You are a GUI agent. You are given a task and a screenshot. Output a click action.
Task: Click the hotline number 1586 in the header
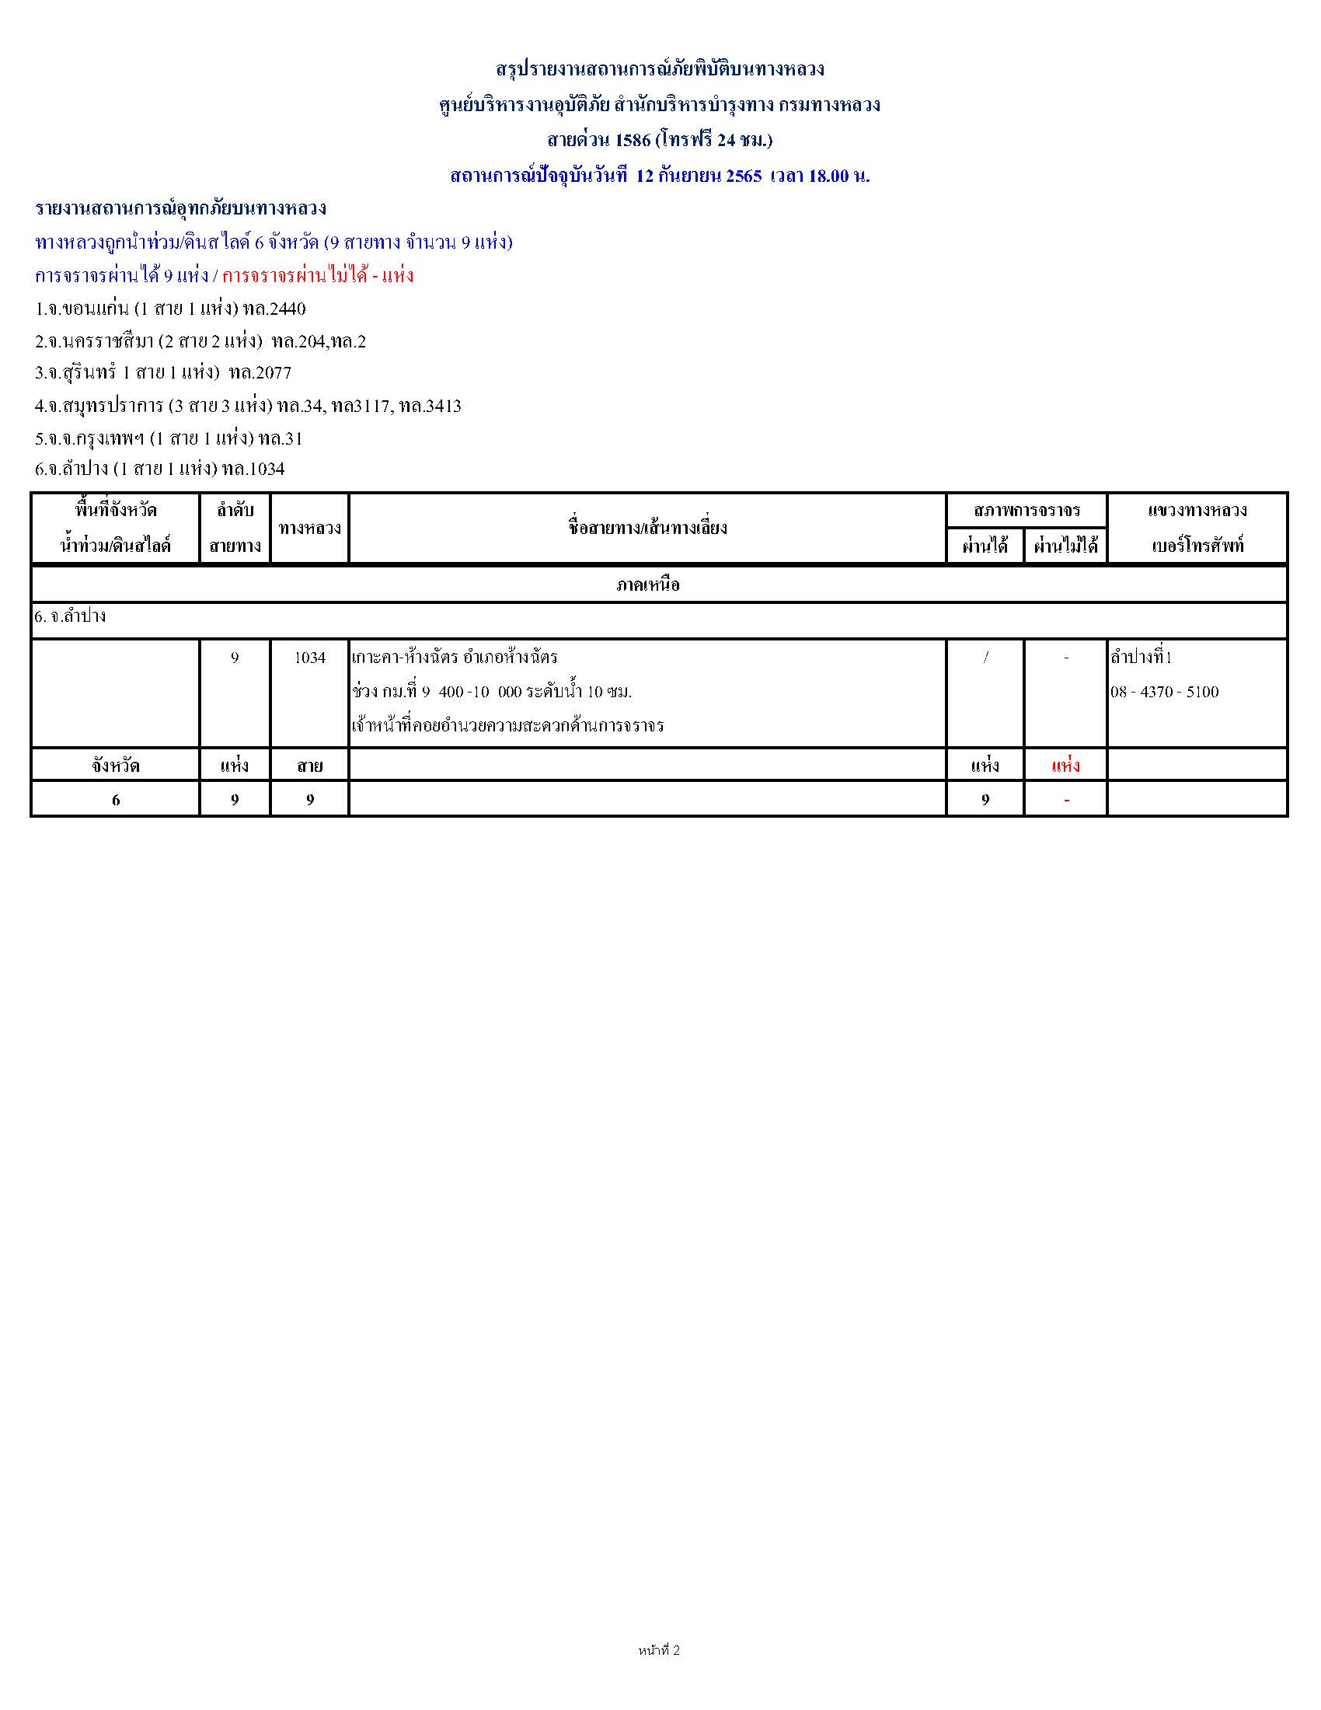point(633,140)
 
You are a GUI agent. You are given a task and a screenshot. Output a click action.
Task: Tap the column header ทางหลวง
point(309,528)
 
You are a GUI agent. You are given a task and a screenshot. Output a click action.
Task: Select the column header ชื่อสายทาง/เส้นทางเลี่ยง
point(647,528)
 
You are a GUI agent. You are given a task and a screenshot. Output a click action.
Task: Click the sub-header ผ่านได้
point(985,545)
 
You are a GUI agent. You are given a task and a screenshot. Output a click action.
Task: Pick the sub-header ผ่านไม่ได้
point(1065,545)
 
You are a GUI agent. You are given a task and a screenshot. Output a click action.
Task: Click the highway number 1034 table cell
point(309,658)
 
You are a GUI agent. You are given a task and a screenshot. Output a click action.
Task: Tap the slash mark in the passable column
point(985,658)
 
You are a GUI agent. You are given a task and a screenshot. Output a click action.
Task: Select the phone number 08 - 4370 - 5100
point(1164,691)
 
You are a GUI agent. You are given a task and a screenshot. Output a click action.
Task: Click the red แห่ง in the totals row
point(1065,765)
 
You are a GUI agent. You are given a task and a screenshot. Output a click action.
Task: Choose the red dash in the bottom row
point(1066,799)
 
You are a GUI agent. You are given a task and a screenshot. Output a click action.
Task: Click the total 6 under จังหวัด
point(116,799)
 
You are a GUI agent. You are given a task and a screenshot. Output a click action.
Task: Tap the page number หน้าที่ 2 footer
point(659,1650)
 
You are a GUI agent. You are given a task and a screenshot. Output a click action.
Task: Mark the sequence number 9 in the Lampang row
point(235,658)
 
